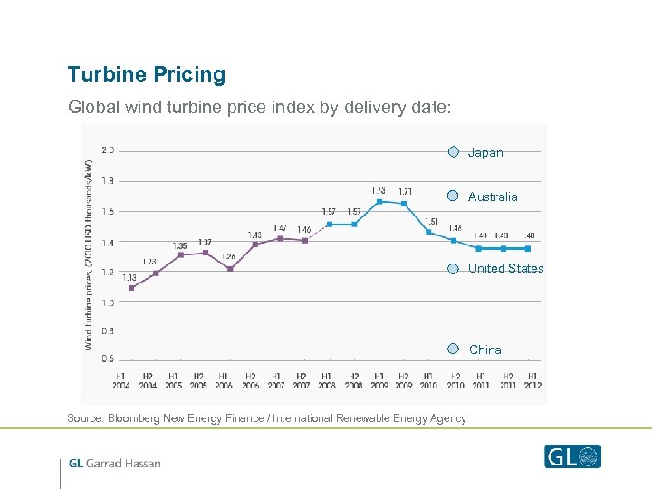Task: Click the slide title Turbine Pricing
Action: (x=146, y=75)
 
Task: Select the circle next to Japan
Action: (x=454, y=151)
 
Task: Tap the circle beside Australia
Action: (x=454, y=196)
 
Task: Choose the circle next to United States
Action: (x=454, y=268)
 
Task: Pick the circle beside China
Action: (x=454, y=349)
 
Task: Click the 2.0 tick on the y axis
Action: (x=108, y=150)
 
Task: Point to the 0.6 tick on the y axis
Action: (x=108, y=359)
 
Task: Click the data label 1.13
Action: (x=129, y=277)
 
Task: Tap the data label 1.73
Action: (x=379, y=190)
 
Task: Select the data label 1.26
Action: (x=228, y=256)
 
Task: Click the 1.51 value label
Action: (x=431, y=221)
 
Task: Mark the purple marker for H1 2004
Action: (x=131, y=288)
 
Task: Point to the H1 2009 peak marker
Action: (x=379, y=201)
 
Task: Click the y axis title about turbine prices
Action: (x=89, y=254)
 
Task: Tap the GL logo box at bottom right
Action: (x=572, y=456)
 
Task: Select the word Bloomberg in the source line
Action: (x=138, y=418)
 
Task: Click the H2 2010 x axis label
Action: (x=455, y=380)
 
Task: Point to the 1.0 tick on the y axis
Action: (x=108, y=302)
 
